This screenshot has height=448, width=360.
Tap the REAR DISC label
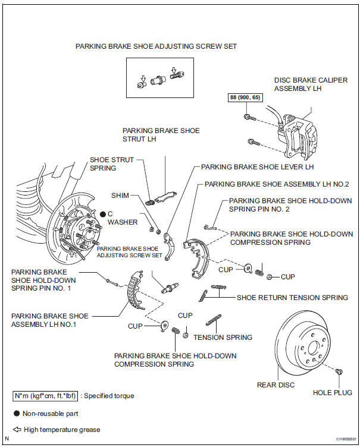pos(275,385)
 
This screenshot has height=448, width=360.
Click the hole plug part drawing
pos(339,371)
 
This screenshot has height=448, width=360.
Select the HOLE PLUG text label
pos(332,392)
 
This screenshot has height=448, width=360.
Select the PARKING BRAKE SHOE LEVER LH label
pos(257,167)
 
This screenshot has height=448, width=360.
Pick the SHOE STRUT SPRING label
pos(111,164)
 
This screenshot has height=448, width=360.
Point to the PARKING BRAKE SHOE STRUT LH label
pos(161,135)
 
